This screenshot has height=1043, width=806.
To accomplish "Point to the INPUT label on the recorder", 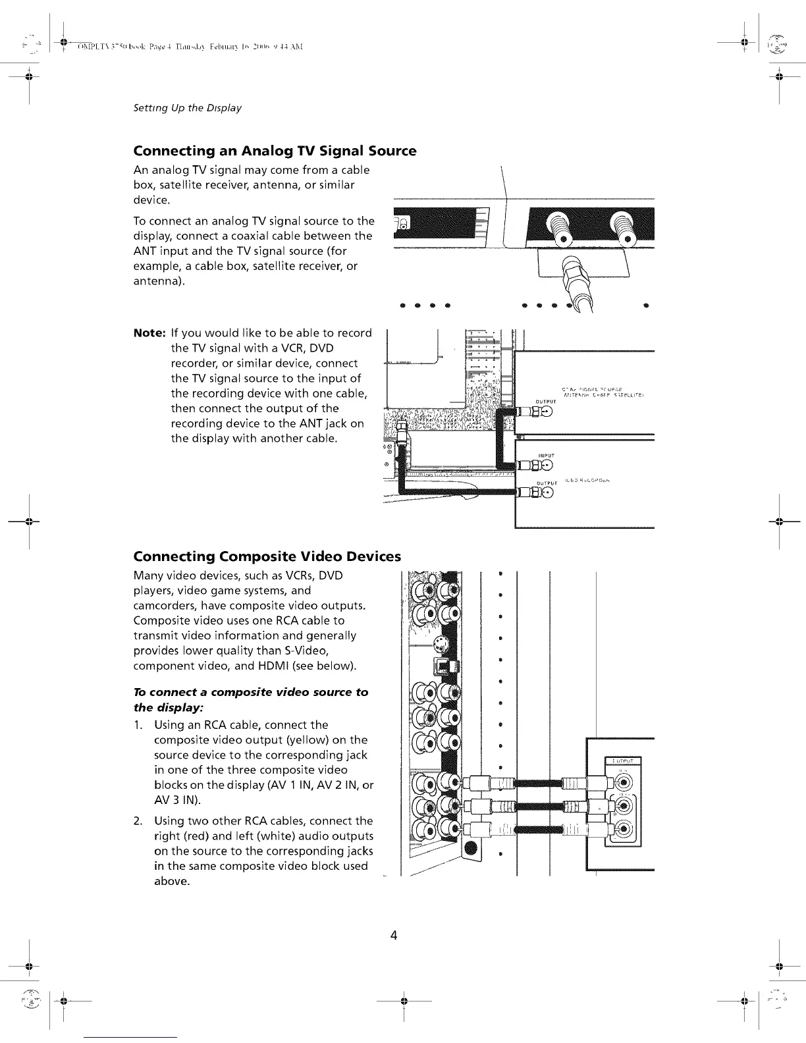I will click(547, 455).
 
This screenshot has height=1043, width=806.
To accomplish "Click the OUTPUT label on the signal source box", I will click(547, 401).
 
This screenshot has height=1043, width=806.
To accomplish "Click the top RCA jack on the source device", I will click(622, 784).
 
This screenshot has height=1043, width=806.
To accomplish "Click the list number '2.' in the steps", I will click(138, 821).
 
